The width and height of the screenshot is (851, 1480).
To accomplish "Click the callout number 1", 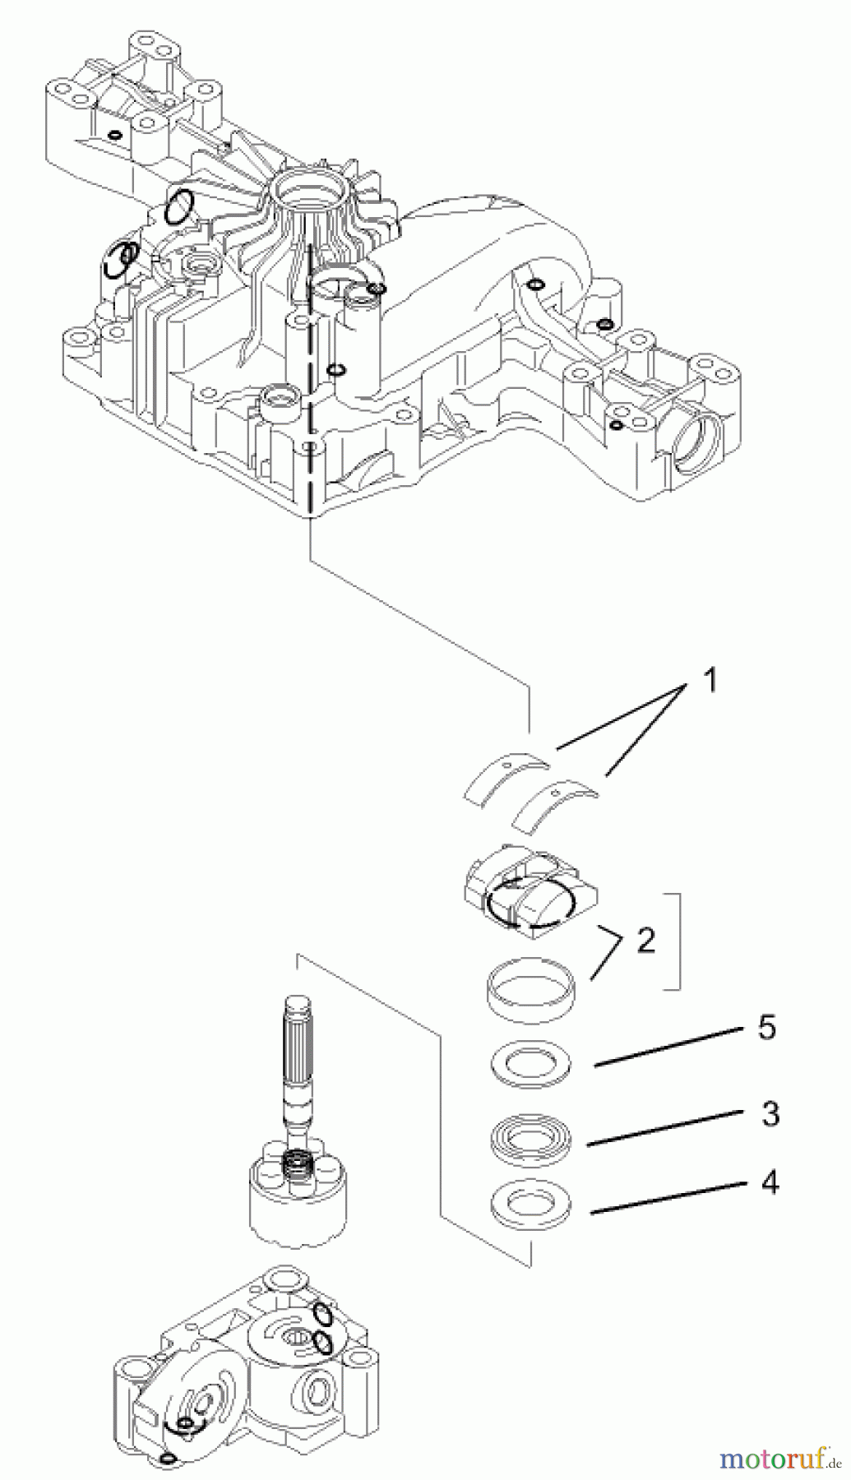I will (710, 681).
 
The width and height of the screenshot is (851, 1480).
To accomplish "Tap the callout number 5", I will (766, 1028).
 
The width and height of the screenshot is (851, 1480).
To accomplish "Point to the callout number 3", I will (770, 1114).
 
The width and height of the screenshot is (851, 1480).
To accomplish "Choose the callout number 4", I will (770, 1182).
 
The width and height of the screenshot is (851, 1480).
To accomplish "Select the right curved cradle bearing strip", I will (555, 803).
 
